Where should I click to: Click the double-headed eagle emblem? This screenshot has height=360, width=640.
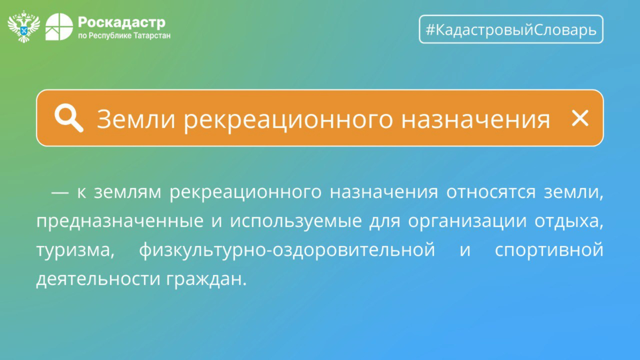click(24, 26)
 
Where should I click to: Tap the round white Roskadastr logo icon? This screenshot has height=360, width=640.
click(59, 26)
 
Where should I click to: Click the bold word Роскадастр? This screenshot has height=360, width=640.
click(122, 22)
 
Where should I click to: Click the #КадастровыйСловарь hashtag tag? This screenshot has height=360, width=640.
click(511, 29)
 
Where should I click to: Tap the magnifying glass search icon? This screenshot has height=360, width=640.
click(69, 118)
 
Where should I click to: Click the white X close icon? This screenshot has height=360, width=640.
click(580, 118)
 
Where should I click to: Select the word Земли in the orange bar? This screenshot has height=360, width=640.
click(136, 119)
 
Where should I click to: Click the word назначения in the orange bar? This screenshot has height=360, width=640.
click(476, 120)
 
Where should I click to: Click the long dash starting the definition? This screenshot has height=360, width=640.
click(60, 192)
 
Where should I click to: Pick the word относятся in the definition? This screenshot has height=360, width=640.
click(491, 192)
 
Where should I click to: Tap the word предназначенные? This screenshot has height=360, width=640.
click(120, 222)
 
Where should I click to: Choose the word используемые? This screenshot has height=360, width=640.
click(296, 222)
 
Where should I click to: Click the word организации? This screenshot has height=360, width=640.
click(467, 222)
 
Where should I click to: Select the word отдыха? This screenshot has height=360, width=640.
click(569, 222)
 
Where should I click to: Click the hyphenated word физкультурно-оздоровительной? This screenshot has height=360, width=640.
click(287, 250)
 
